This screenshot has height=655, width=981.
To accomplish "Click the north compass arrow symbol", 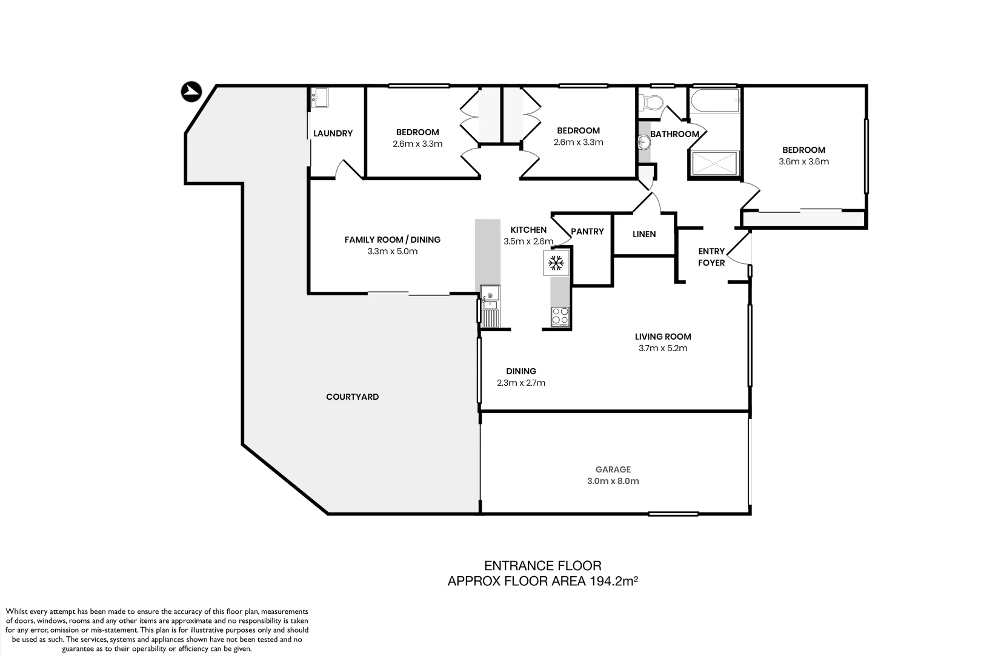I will [191, 92].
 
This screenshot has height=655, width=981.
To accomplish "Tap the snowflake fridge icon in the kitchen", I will [556, 263].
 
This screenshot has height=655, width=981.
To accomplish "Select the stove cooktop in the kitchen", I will [560, 316].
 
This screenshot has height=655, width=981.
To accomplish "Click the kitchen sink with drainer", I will [490, 306].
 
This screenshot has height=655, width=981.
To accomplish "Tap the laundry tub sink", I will [320, 98].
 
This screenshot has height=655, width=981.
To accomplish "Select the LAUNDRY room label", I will [333, 133].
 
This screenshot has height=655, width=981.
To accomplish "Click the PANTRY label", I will [587, 231].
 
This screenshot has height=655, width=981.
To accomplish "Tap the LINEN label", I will [644, 234].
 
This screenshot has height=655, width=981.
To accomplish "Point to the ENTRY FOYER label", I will [711, 257].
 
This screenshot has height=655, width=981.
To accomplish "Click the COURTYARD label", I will [352, 397].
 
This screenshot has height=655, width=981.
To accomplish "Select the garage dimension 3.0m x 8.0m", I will [613, 481].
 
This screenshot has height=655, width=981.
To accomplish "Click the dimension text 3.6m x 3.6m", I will [803, 161].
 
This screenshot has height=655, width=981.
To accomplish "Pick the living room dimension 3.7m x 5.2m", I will [663, 348].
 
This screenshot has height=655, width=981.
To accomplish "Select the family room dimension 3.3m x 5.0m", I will [392, 251].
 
